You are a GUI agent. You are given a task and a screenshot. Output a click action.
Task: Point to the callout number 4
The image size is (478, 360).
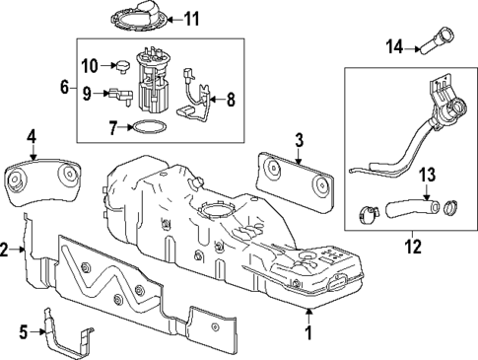(33, 135)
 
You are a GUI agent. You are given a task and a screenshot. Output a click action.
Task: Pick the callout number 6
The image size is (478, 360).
(64, 88)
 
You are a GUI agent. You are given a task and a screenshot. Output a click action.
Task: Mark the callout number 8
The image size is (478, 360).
(232, 99)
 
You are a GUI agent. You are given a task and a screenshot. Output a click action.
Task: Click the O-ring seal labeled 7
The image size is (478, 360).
(148, 126)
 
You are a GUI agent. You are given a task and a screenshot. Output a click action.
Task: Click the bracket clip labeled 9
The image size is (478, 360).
(119, 95)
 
